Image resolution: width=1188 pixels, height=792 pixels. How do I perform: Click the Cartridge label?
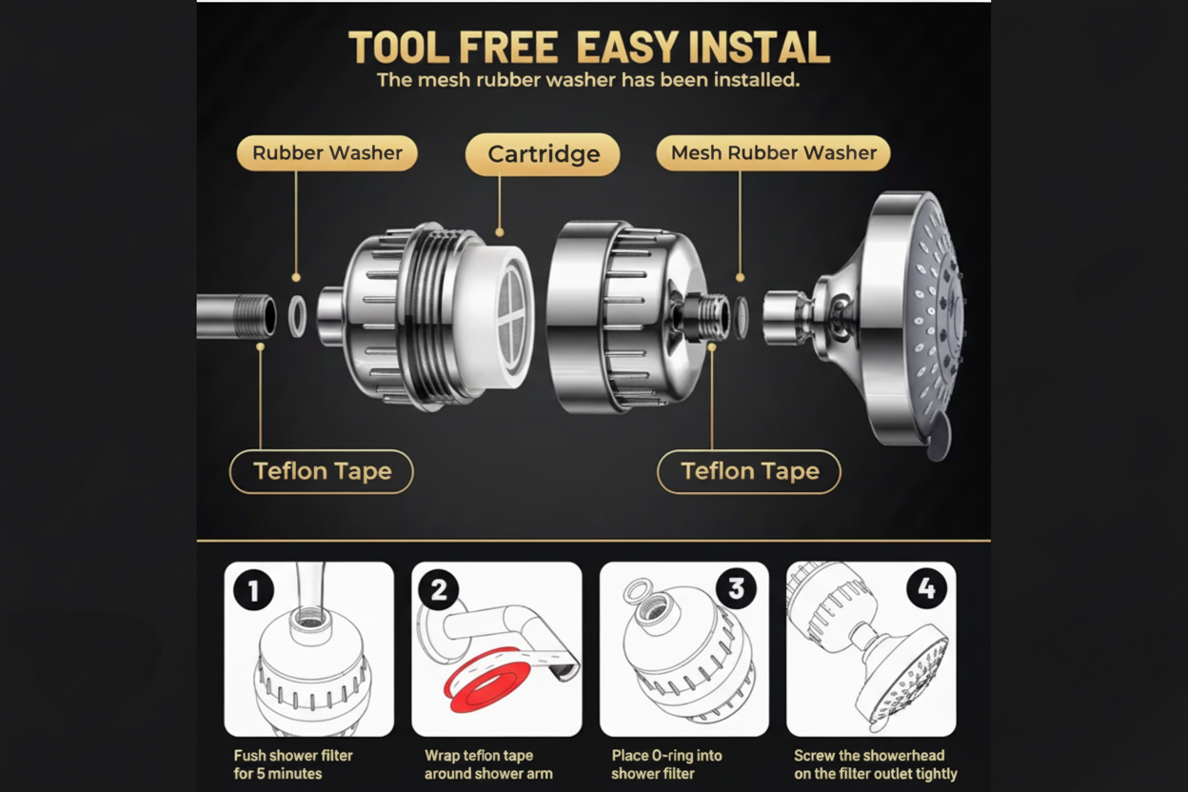tap(543, 154)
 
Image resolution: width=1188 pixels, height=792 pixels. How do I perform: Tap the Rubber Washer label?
tap(327, 152)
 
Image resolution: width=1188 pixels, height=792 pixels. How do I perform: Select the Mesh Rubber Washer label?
tap(773, 152)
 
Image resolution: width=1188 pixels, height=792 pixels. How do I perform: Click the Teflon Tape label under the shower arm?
tap(322, 471)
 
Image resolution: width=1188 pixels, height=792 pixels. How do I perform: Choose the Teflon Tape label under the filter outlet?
tap(749, 471)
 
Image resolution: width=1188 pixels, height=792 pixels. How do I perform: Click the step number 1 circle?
tap(253, 591)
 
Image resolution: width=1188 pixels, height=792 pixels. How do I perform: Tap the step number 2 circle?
tap(439, 590)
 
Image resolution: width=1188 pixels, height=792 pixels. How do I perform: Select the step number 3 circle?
tap(736, 589)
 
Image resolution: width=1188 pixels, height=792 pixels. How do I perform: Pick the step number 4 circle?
tap(925, 590)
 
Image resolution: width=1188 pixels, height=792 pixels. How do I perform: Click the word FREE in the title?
tap(513, 48)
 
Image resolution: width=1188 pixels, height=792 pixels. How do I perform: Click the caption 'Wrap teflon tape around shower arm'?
tap(487, 764)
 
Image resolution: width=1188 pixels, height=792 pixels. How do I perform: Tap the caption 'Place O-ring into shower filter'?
tap(666, 764)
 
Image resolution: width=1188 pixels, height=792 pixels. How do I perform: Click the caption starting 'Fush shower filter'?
tap(293, 764)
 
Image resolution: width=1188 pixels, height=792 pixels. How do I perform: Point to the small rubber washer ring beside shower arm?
tap(297, 316)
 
